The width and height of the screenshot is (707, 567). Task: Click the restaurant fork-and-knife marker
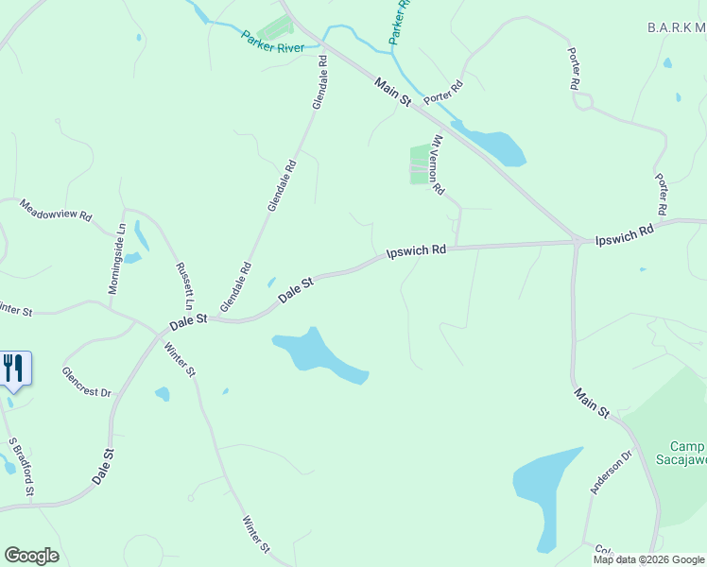tap(14, 368)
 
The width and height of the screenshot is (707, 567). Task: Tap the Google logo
tap(31, 556)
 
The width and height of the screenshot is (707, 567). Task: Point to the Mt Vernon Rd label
tap(437, 164)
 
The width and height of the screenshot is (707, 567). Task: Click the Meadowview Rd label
tap(56, 209)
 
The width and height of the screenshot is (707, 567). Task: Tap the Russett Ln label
tap(183, 286)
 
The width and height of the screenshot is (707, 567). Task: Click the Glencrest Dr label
tap(87, 381)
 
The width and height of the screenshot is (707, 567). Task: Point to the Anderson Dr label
tap(610, 472)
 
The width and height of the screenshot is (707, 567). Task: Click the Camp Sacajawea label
tap(687, 454)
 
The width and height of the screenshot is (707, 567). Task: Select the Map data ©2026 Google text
tap(649, 559)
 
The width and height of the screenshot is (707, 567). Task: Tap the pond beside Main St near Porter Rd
tap(491, 145)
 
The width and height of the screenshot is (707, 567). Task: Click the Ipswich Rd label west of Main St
tap(416, 251)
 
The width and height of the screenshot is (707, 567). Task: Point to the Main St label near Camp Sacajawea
tap(592, 401)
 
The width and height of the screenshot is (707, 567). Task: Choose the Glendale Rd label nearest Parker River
tap(319, 82)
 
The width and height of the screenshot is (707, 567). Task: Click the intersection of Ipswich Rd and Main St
tap(576, 242)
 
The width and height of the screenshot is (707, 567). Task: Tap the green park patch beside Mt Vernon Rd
tap(419, 164)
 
